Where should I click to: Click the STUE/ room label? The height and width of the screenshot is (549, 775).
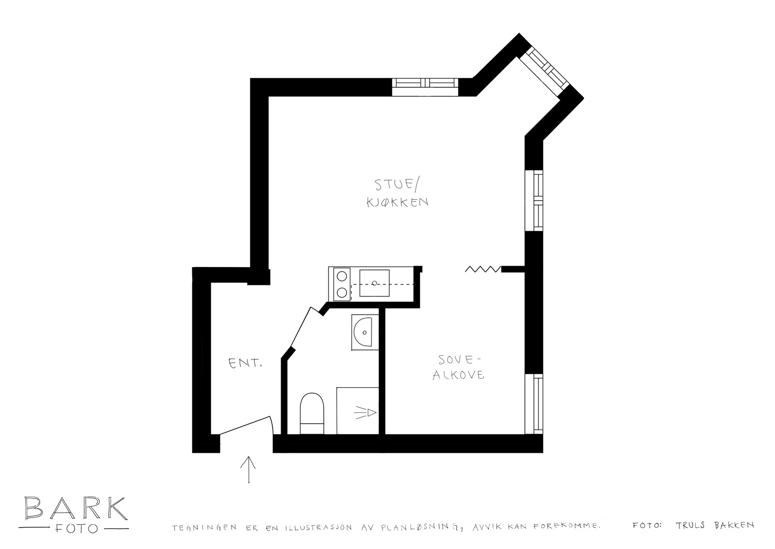(397, 185)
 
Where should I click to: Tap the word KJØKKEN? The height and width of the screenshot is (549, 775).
(398, 202)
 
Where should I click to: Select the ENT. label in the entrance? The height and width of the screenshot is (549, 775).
(245, 363)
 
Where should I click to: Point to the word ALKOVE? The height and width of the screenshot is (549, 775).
(458, 375)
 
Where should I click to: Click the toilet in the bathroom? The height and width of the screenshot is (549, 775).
(312, 413)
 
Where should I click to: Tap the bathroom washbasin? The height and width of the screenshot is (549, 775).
(365, 332)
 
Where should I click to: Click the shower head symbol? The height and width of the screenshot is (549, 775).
(365, 413)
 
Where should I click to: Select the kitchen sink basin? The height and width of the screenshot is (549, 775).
(374, 283)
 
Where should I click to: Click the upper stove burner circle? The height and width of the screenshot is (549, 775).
(342, 276)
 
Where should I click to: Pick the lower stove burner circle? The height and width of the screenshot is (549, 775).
(342, 293)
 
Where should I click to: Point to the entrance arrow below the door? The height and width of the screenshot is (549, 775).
(248, 470)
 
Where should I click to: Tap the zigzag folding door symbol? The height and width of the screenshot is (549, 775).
(483, 269)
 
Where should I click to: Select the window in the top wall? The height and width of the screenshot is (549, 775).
(425, 87)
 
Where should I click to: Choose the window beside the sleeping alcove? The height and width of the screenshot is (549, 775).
(534, 404)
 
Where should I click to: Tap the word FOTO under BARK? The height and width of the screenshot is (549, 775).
(77, 529)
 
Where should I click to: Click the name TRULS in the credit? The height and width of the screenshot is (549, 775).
(690, 525)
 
